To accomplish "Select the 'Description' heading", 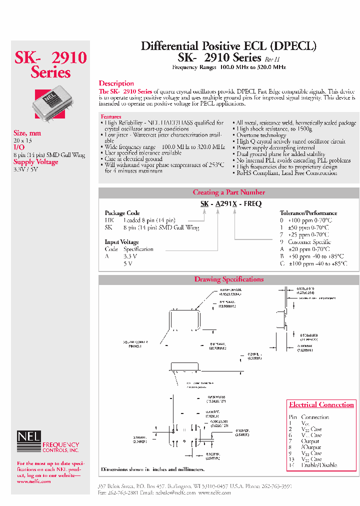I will (116, 83).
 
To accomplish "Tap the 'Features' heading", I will (111, 116).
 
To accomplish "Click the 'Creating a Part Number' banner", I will (228, 192).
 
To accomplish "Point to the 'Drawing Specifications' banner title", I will (228, 279).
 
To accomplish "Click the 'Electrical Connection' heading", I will (321, 404).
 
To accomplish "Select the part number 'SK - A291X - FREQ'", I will (230, 204).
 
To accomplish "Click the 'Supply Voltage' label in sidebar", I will (35, 162).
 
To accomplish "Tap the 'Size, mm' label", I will (27, 133).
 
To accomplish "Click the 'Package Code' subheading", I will (122, 213).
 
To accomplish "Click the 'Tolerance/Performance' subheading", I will (305, 213).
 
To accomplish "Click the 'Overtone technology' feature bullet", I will (261, 135).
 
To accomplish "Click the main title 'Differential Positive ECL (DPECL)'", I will (228, 46).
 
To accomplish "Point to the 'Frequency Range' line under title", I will (228, 67).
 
